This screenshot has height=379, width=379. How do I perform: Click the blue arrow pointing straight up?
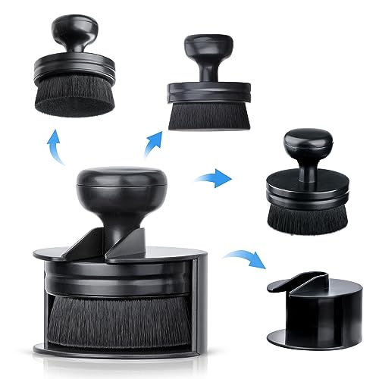tap(53, 144)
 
